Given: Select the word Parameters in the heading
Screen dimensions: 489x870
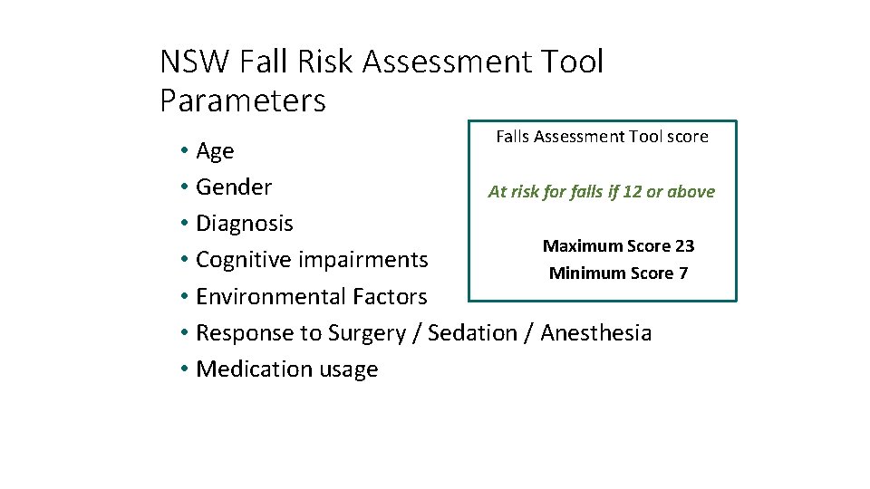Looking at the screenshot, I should pos(242,101).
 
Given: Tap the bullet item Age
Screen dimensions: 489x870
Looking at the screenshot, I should pos(215,151).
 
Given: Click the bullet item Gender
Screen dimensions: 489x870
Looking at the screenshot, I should pos(234,187).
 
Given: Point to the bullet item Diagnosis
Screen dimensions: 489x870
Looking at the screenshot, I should pos(245,224).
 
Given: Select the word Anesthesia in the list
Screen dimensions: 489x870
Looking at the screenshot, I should pos(596,332).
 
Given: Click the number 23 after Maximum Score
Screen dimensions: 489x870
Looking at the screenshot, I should pos(684,246).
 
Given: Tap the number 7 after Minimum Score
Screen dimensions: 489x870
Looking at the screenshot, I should pos(682,273).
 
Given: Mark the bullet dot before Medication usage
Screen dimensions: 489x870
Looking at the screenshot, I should pos(184,369).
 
